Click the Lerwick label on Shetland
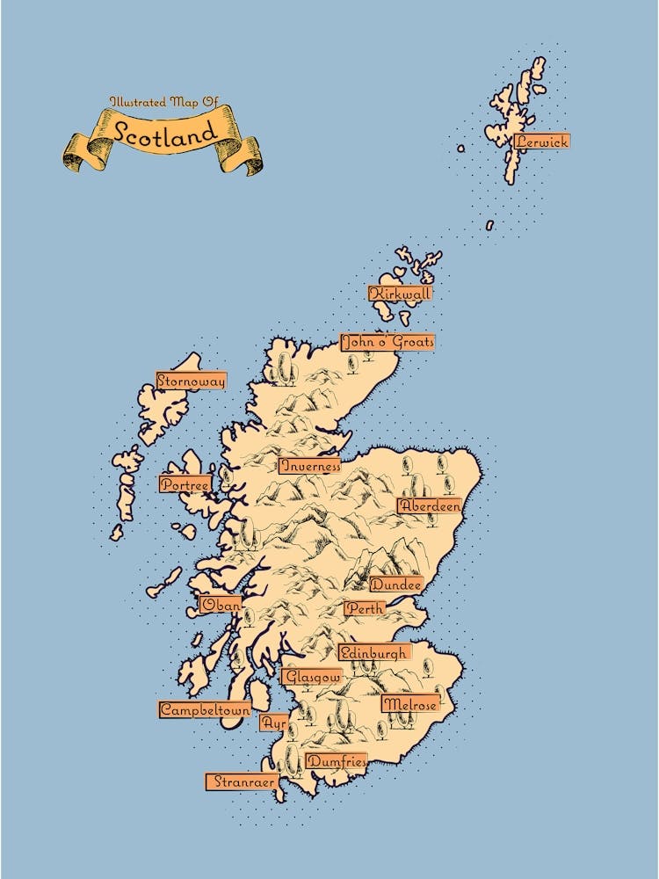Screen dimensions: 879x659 point(542,141)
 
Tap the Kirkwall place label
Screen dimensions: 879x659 point(401,294)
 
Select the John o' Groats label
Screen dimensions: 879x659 point(387,341)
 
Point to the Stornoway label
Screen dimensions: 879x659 point(191,381)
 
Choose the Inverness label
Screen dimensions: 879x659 point(309,466)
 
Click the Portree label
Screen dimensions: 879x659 point(185,483)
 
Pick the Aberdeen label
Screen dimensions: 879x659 point(429,505)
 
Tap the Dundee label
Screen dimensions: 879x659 point(395,584)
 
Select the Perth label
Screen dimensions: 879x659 point(364,607)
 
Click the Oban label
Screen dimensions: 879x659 point(221,604)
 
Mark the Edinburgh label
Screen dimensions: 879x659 point(373,652)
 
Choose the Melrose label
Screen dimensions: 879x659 point(409,703)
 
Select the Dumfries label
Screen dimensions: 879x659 point(335,761)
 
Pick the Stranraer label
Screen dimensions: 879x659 point(241,781)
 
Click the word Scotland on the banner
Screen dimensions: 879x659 point(164,133)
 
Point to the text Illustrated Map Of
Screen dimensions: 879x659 point(163,103)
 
